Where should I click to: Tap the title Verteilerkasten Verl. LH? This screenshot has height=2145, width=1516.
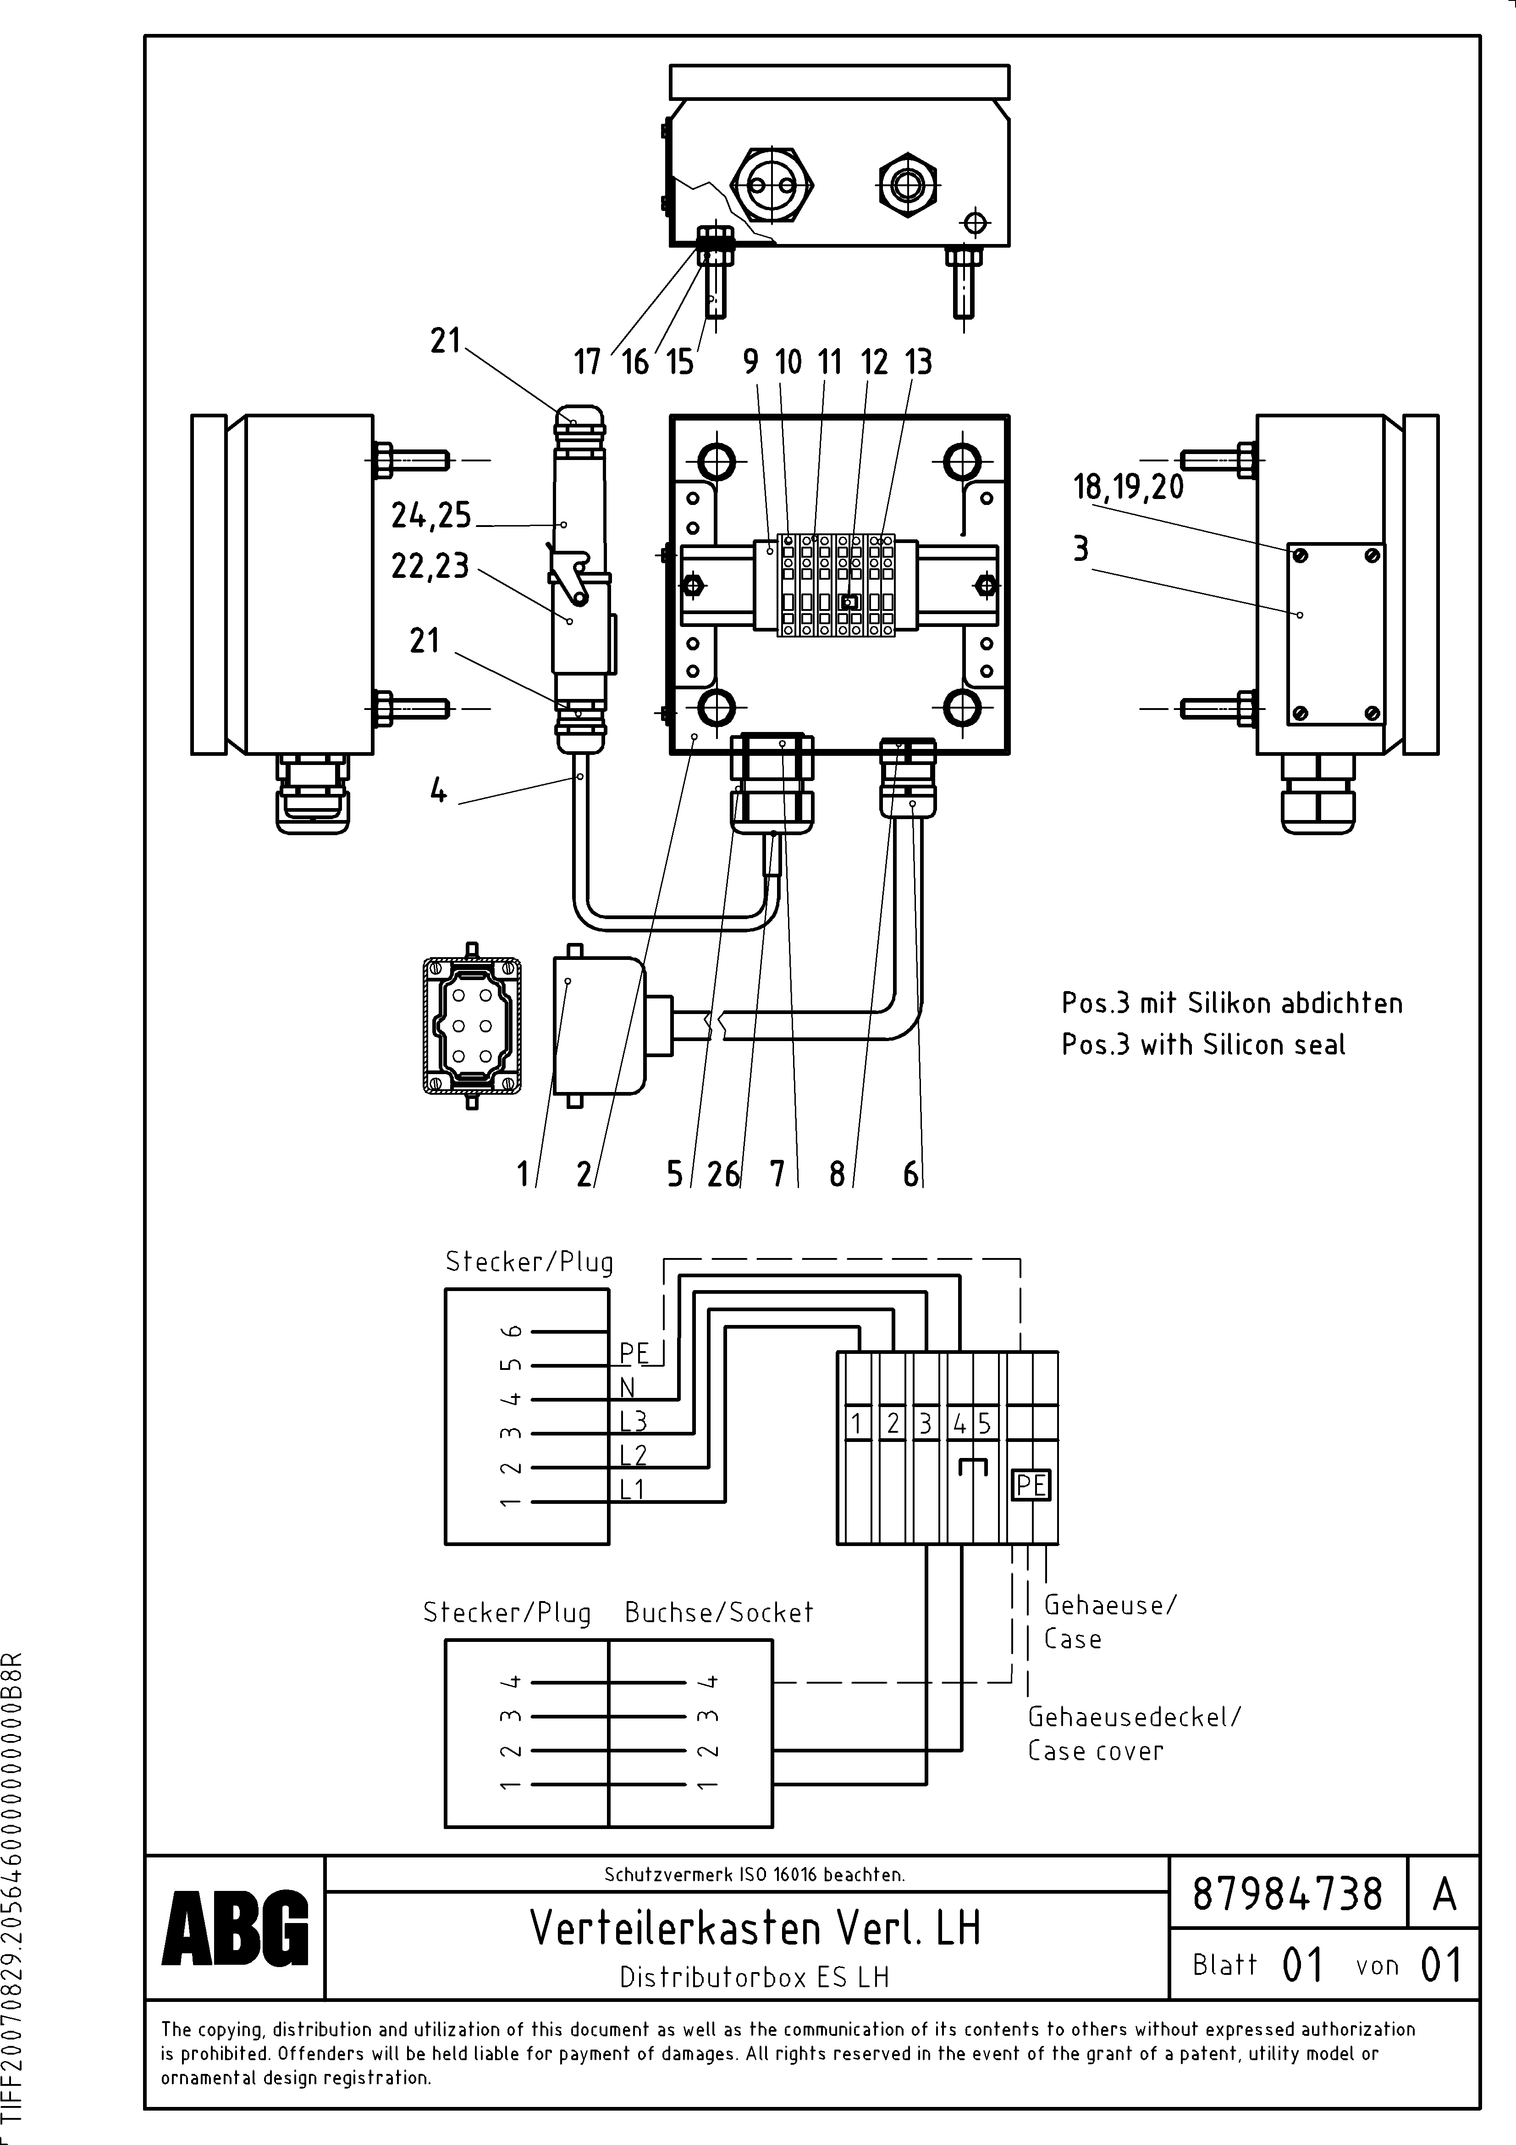755,1927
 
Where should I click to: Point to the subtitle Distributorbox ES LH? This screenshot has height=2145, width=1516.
755,1977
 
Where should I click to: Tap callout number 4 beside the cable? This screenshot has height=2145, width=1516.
438,791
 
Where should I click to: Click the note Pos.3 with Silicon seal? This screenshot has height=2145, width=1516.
1203,1044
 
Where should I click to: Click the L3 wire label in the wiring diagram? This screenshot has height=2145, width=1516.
633,1421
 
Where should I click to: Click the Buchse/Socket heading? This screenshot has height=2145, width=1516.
718,1613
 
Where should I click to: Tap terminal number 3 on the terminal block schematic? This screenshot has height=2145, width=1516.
925,1424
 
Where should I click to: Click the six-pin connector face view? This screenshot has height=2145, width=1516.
472,1025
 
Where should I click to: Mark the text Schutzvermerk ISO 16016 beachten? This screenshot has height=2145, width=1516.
754,1874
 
